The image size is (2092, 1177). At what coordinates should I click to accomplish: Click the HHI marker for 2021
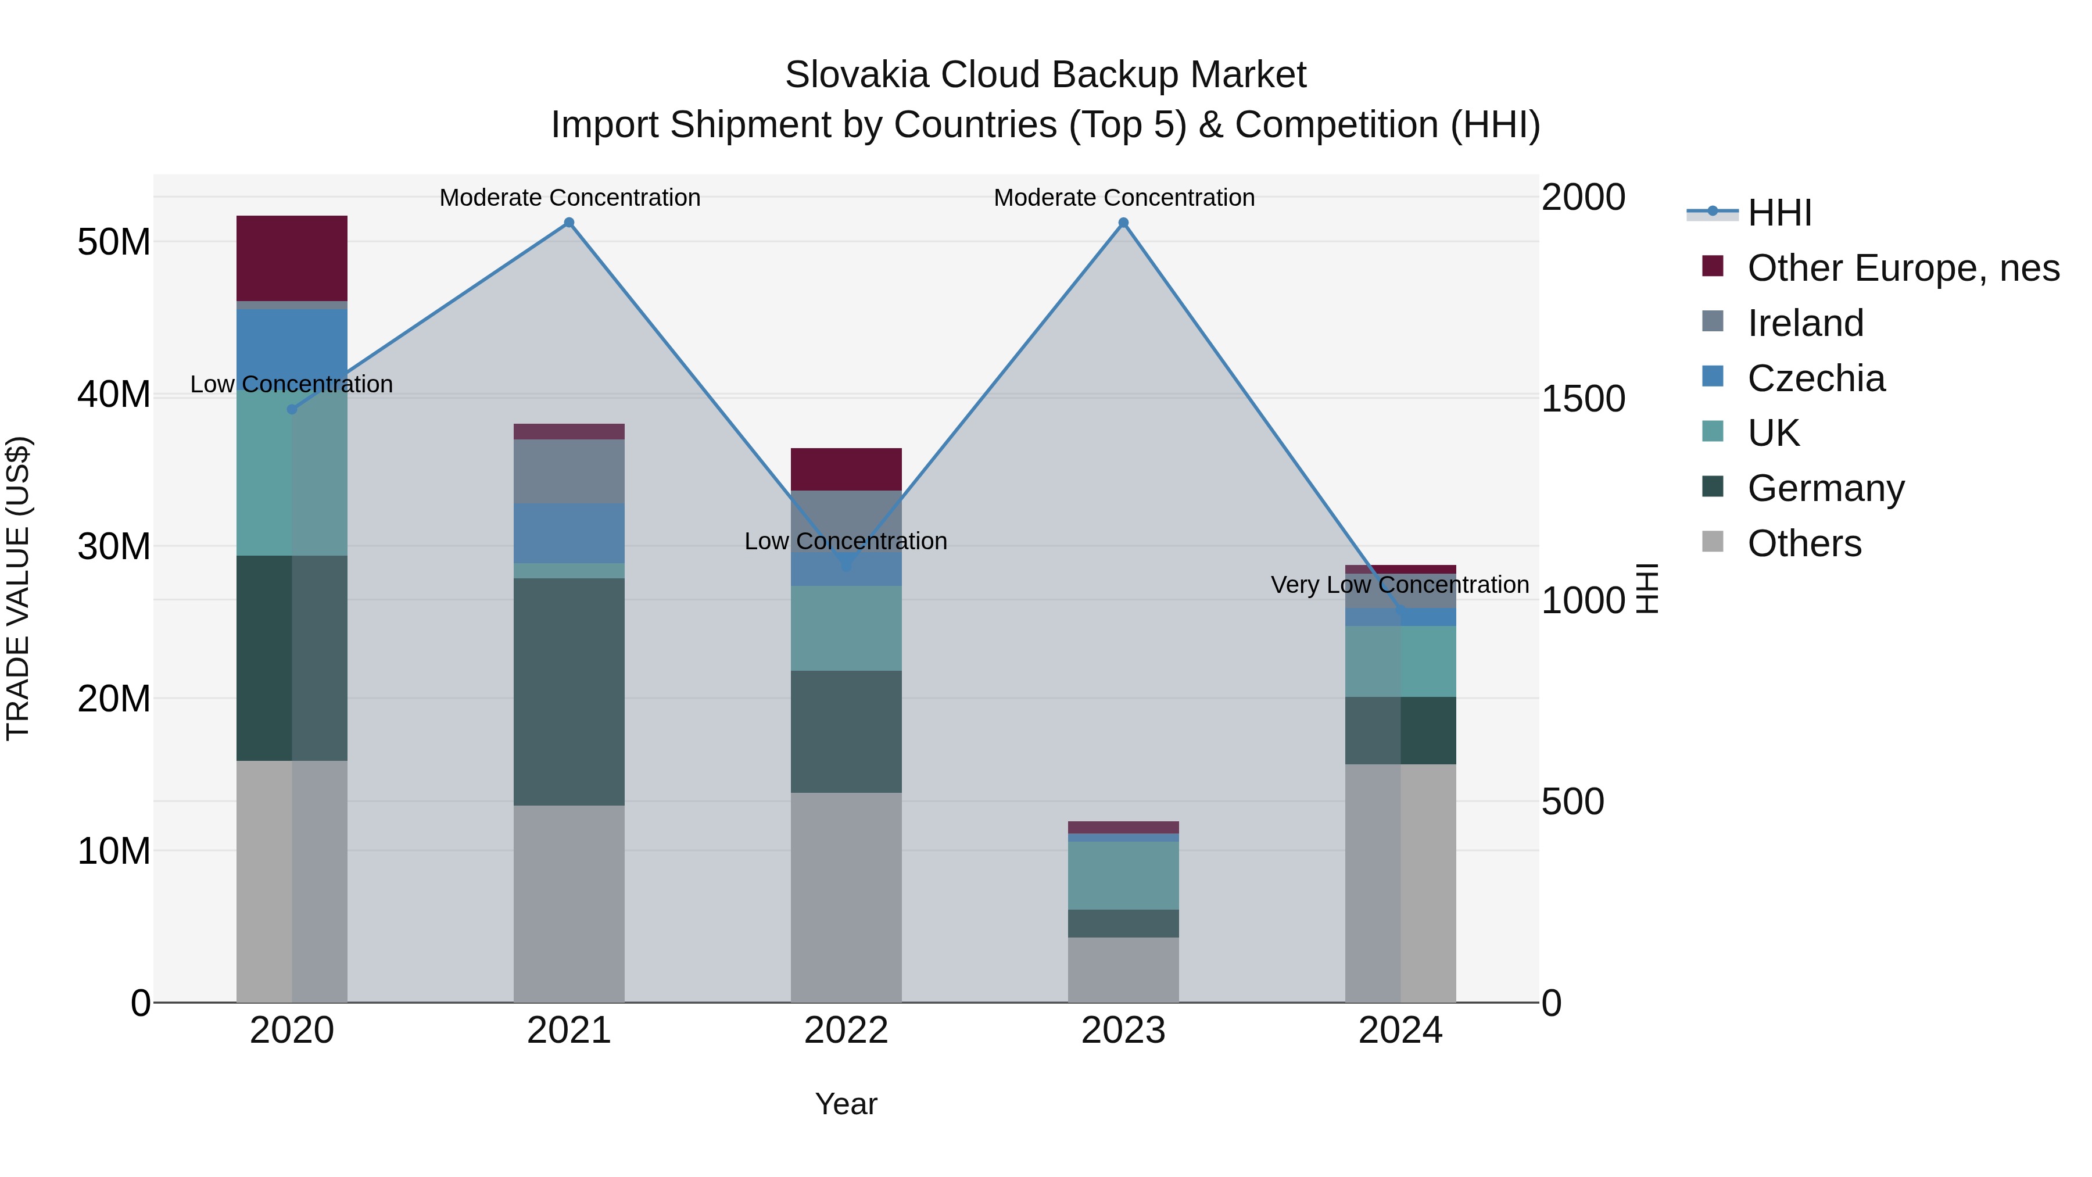[x=569, y=223]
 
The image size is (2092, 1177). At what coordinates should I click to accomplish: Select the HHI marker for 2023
[x=1123, y=223]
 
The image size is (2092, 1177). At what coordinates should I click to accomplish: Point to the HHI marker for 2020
[x=292, y=409]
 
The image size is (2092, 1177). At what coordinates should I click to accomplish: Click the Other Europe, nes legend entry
[x=1903, y=268]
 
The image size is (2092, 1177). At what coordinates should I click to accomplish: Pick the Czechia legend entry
[x=1816, y=378]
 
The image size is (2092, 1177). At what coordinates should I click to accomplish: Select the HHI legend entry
[x=1779, y=213]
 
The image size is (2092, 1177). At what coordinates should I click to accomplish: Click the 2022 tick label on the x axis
[x=846, y=1031]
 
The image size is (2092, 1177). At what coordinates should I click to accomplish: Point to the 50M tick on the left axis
[x=114, y=242]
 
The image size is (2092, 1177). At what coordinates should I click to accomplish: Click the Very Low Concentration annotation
[x=1400, y=585]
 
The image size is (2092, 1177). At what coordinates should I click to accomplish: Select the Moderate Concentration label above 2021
[x=570, y=198]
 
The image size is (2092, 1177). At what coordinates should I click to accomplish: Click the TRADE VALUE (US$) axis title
[x=18, y=588]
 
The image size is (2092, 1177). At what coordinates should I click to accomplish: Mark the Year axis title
[x=846, y=1104]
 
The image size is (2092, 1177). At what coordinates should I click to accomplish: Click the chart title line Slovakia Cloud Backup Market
[x=1045, y=75]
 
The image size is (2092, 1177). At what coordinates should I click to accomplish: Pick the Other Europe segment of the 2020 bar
[x=292, y=258]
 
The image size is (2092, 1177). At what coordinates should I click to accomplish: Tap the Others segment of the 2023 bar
[x=1123, y=970]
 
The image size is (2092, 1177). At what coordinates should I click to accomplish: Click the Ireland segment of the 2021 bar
[x=569, y=471]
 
